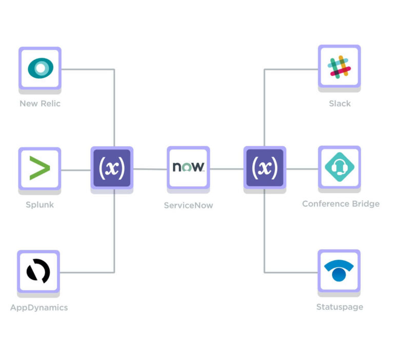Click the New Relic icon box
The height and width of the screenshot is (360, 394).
(40, 68)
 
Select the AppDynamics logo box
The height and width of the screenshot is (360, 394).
(38, 271)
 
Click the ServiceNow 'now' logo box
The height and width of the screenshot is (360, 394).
(188, 167)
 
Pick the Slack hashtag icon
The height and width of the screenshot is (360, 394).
(339, 66)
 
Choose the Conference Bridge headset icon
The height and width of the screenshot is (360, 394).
(339, 167)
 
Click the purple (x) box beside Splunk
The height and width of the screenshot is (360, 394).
(112, 167)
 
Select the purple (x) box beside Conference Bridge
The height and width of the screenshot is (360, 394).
(265, 167)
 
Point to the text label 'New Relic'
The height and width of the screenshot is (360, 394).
(40, 104)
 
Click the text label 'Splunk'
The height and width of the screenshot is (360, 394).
(40, 205)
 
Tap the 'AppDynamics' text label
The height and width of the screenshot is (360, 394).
(39, 308)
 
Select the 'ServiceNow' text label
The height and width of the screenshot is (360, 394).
(188, 205)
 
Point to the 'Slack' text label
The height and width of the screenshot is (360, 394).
(340, 104)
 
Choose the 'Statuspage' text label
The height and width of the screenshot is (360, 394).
(340, 307)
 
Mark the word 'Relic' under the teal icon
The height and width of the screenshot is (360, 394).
(50, 104)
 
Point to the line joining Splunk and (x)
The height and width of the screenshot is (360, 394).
(76, 169)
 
